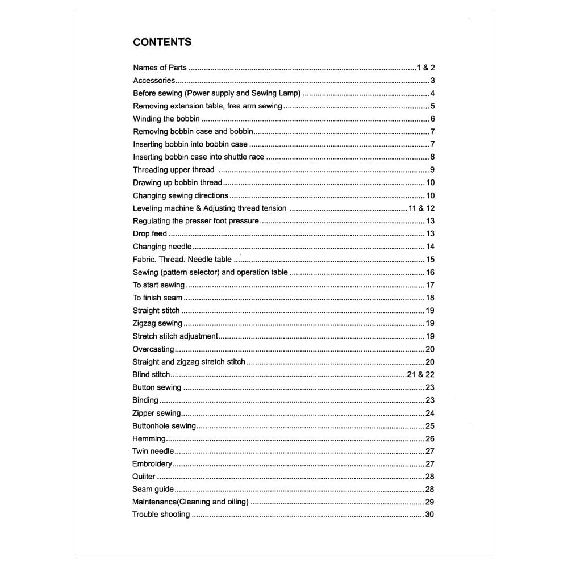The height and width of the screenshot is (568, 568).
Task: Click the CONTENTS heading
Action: coord(162,42)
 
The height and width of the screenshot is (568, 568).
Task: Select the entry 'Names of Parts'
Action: coord(160,68)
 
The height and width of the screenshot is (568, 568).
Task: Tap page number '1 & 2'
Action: coord(425,68)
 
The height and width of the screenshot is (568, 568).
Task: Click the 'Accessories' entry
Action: coord(154,81)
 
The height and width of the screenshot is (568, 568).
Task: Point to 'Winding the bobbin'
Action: coord(166,119)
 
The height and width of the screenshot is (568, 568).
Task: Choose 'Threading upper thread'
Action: coord(174,170)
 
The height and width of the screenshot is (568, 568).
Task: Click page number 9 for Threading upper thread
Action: coord(432,170)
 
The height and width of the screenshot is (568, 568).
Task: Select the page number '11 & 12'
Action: coord(421,208)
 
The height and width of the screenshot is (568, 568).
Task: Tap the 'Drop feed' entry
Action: coord(150,234)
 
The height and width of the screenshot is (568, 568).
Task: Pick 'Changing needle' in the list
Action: coord(162,247)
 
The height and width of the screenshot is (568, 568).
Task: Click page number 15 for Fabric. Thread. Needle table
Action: coord(430,260)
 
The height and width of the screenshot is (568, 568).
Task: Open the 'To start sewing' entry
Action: coord(159,285)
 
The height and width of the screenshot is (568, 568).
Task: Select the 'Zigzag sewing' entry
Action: coord(157,323)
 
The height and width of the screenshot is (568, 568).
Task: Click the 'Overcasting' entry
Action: coord(153,349)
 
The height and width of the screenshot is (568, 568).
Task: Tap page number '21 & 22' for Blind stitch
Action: coord(421,375)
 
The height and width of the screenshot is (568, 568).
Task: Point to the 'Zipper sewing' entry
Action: coord(157,413)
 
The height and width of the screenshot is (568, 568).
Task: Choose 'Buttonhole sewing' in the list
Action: coord(164,426)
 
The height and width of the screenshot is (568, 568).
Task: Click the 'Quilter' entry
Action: coord(144,477)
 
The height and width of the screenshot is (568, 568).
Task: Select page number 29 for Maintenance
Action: coord(429,502)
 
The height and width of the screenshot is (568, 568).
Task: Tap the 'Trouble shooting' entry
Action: coord(161,515)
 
